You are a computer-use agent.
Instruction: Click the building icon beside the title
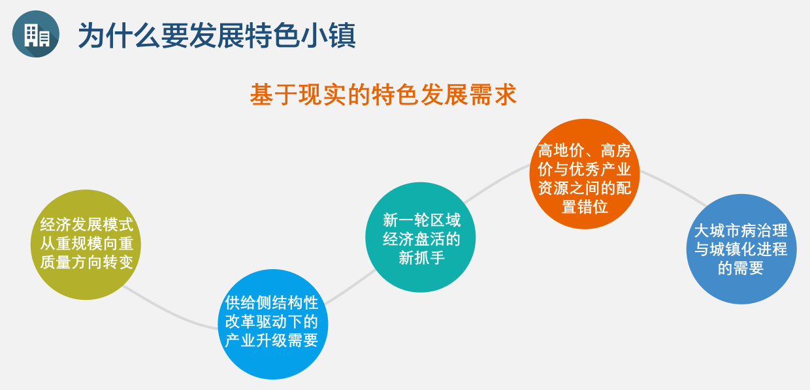[36, 34]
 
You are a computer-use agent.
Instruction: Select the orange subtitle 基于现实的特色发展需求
[383, 95]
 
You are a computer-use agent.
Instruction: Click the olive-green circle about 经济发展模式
[86, 244]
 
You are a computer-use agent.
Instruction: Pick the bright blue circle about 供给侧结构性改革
[272, 324]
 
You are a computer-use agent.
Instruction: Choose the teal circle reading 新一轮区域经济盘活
[421, 237]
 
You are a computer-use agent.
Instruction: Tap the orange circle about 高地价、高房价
[585, 174]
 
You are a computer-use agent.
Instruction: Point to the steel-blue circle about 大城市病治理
[741, 250]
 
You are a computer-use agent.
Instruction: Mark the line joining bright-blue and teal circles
[350, 287]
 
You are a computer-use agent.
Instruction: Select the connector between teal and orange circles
[496, 182]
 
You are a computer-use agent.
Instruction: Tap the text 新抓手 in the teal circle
[421, 258]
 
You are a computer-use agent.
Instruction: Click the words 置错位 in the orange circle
[585, 207]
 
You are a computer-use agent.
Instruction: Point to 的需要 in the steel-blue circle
[741, 268]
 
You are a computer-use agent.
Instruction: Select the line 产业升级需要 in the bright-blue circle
[272, 340]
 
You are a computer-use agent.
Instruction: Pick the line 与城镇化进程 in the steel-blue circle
[741, 250]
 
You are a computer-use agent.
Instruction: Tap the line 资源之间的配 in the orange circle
[585, 188]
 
